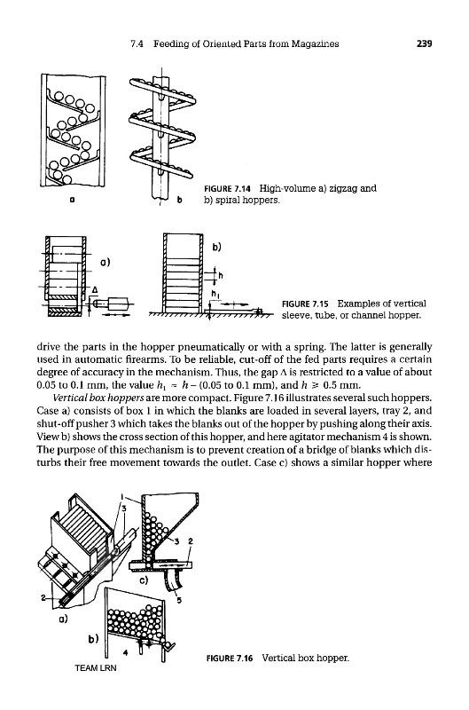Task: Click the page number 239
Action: pyautogui.click(x=424, y=43)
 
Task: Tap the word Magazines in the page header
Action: pyautogui.click(x=316, y=43)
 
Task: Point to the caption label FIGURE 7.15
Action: pyautogui.click(x=308, y=304)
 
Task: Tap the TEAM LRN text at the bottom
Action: pyautogui.click(x=96, y=668)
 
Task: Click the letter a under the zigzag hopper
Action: pyautogui.click(x=72, y=199)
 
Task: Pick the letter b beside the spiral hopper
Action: pyautogui.click(x=180, y=198)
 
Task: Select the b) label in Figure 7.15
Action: pyautogui.click(x=216, y=248)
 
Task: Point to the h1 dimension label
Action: pyautogui.click(x=215, y=295)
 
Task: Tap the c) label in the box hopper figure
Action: pyautogui.click(x=144, y=580)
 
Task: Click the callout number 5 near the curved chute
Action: pyautogui.click(x=180, y=601)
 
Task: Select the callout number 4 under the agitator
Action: pyautogui.click(x=126, y=652)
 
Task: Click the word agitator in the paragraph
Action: pyautogui.click(x=356, y=437)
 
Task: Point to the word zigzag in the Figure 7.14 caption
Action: pyautogui.click(x=345, y=188)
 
